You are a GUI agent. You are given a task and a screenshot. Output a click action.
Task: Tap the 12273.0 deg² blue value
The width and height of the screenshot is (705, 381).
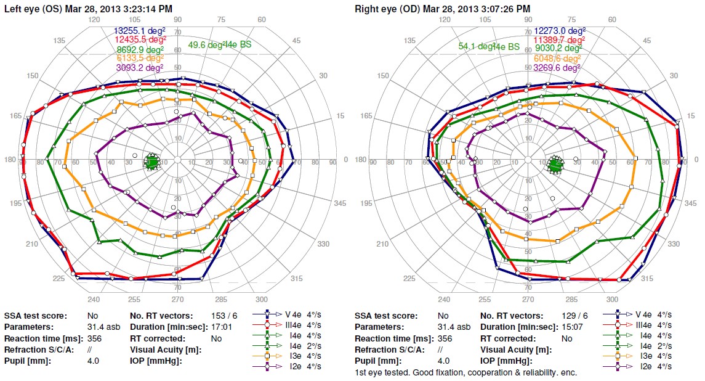[x=559, y=30]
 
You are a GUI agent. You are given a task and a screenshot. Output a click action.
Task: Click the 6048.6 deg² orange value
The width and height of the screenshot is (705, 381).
[x=559, y=58]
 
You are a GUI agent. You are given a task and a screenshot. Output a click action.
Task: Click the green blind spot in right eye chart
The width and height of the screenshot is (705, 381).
[x=555, y=165]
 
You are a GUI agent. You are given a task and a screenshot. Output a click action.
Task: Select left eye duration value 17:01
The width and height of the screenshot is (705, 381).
[x=221, y=327]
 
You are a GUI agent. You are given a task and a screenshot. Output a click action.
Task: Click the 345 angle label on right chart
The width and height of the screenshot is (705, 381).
[x=690, y=203]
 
